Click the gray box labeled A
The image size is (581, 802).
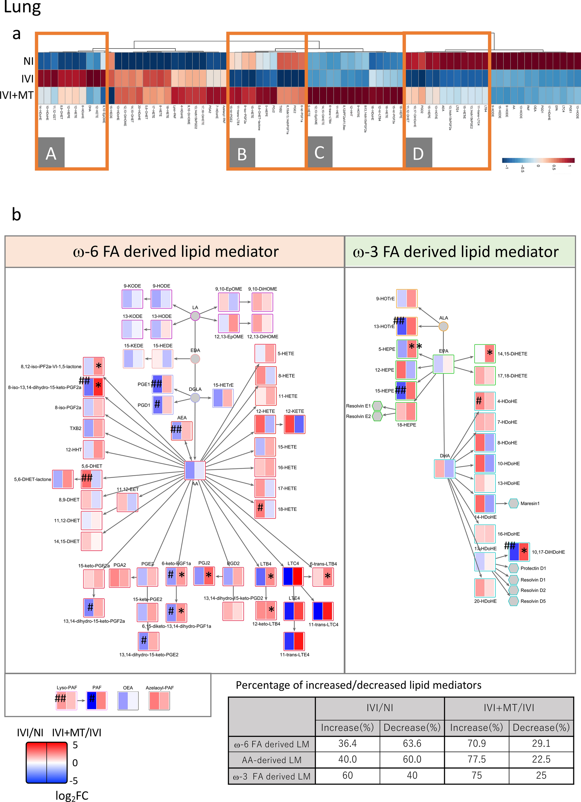tap(51, 153)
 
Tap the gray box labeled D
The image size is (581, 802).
tap(418, 153)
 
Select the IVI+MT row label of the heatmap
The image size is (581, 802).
tap(17, 95)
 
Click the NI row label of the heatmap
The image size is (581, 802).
tap(28, 61)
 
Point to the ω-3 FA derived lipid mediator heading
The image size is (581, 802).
tap(456, 252)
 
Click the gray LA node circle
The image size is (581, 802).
tap(195, 316)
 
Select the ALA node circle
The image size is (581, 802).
tap(444, 326)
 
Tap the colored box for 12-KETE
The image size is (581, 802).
tap(295, 424)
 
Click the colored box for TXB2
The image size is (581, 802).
tap(94, 428)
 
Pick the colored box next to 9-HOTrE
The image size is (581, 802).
tap(407, 299)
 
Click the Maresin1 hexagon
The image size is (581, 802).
tap(513, 503)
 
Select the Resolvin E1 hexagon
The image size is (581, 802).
tap(377, 406)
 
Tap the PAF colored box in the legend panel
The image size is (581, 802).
tap(97, 700)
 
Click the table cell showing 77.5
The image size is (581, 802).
tap(476, 759)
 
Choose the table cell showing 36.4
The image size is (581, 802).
tap(347, 743)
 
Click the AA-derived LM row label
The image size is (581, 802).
tap(272, 760)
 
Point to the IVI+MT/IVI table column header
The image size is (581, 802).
tap(508, 708)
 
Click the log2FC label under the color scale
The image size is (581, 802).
tap(72, 796)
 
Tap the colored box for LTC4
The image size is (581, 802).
tap(293, 576)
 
